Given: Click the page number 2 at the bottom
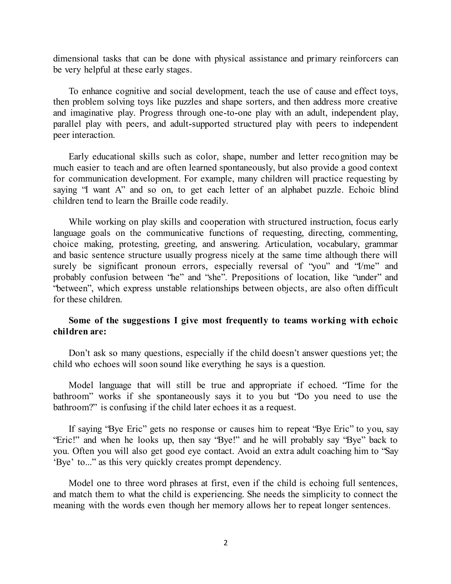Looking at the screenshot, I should tap(225, 543).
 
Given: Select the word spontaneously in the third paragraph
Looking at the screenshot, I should tap(247, 168).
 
